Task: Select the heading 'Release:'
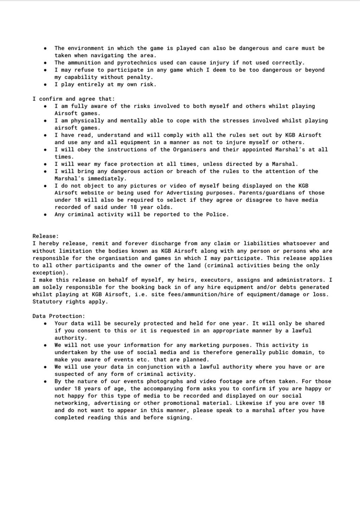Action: pyautogui.click(x=46, y=236)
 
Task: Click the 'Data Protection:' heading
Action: pyautogui.click(x=59, y=316)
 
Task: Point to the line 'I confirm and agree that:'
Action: pyautogui.click(x=73, y=99)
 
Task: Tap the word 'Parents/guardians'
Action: pyautogui.click(x=267, y=193)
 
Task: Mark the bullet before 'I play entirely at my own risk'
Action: pyautogui.click(x=45, y=85)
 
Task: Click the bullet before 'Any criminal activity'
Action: pyautogui.click(x=45, y=215)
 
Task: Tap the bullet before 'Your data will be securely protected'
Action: pyautogui.click(x=45, y=324)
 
